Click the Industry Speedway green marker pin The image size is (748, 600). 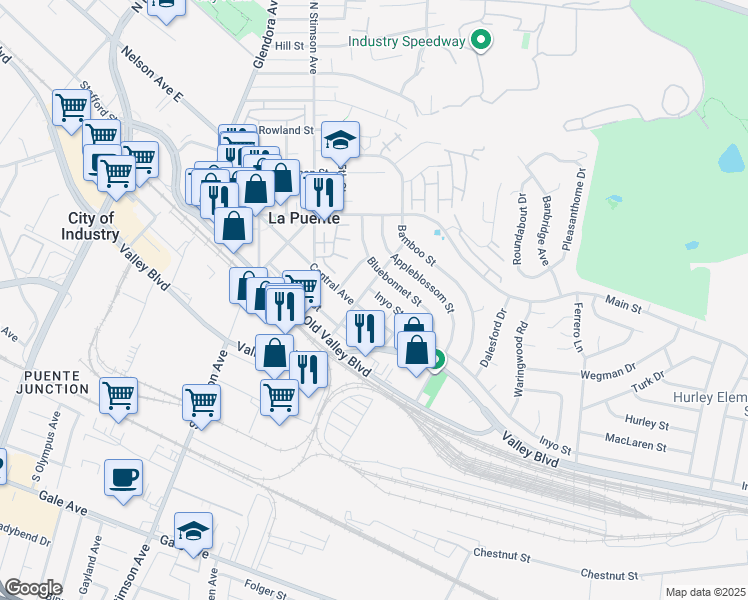[482, 41]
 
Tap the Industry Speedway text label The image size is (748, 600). [407, 41]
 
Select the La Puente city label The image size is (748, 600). [304, 217]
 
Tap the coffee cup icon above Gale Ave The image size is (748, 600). [124, 476]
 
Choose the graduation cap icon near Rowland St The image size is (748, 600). [340, 139]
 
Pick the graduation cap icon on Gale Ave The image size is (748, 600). [193, 530]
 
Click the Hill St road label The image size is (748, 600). [289, 45]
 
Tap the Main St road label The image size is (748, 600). [622, 301]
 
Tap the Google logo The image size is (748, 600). [33, 587]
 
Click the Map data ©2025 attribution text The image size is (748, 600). [705, 592]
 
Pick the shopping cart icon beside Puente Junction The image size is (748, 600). [118, 394]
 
